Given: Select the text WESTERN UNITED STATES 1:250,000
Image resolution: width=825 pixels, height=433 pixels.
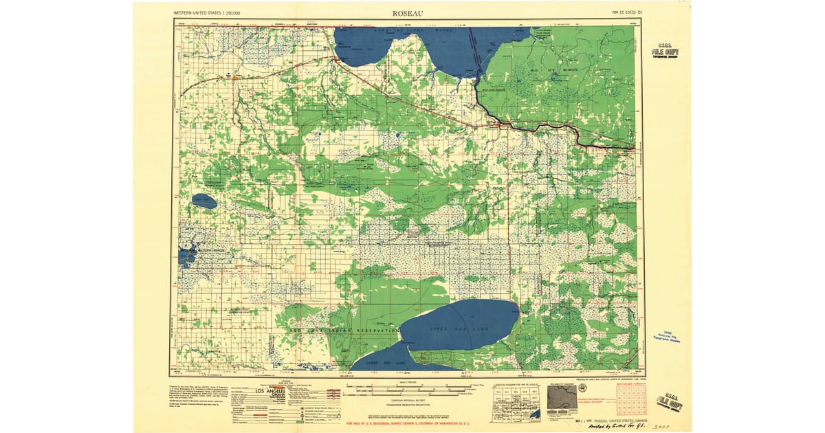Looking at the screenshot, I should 212,12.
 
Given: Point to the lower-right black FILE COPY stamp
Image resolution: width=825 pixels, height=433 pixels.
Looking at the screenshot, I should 670,401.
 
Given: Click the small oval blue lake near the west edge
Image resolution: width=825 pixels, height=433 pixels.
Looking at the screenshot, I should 204,201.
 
